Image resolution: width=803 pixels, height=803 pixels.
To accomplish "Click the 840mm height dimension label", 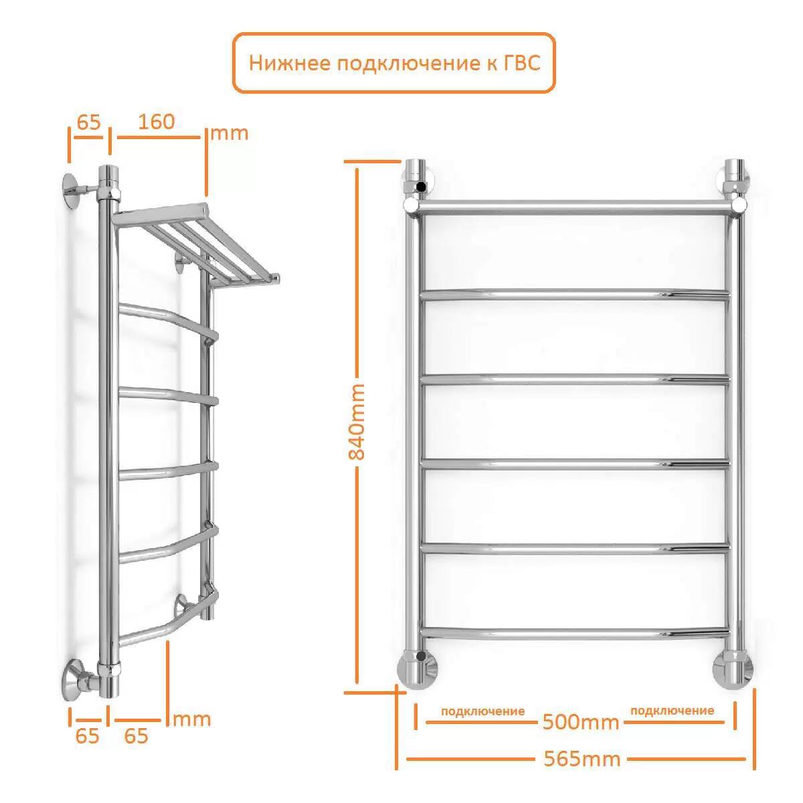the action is click(x=357, y=422).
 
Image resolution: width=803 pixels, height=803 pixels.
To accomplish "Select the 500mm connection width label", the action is click(x=580, y=722).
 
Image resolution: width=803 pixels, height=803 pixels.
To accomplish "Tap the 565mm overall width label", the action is click(x=582, y=760).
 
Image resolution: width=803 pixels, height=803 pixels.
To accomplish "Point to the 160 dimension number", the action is click(x=157, y=122).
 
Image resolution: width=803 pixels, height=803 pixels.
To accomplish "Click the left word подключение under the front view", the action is click(x=482, y=711).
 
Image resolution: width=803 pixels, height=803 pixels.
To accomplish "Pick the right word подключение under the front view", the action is click(x=672, y=711).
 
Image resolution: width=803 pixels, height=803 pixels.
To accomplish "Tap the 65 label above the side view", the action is click(x=89, y=122).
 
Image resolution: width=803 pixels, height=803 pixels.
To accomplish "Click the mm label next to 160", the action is click(x=230, y=134).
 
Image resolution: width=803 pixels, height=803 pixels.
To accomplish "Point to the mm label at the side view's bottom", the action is click(x=192, y=719).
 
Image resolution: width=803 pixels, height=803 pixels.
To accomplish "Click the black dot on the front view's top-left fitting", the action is click(x=422, y=187).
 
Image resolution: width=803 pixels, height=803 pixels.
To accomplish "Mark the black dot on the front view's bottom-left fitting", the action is click(x=422, y=656).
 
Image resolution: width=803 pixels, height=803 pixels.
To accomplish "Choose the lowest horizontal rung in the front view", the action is click(x=575, y=633).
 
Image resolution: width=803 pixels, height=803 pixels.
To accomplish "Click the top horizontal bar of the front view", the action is click(x=576, y=207).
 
